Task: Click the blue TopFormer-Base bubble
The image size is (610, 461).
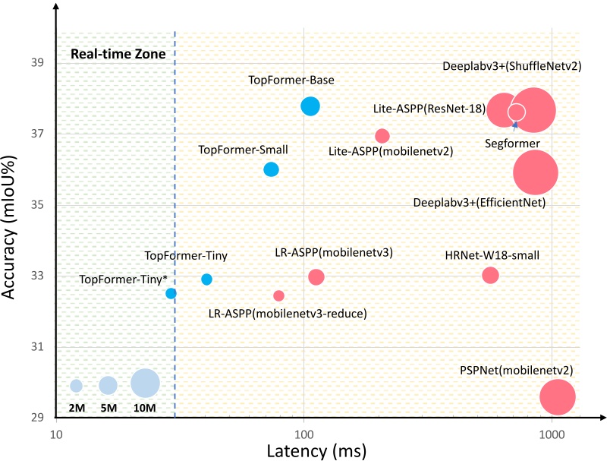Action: (x=310, y=106)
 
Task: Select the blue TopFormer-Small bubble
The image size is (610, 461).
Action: (x=271, y=169)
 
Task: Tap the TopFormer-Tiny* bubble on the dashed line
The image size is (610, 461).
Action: (x=171, y=293)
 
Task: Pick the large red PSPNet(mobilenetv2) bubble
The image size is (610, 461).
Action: (x=558, y=396)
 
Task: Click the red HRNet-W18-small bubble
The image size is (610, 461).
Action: (x=491, y=275)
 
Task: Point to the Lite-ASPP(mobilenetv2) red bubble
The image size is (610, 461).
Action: (x=382, y=136)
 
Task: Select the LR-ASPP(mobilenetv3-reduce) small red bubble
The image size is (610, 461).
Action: (x=278, y=295)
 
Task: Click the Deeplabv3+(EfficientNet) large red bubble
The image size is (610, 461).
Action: (x=536, y=172)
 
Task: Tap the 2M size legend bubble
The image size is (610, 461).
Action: (x=76, y=386)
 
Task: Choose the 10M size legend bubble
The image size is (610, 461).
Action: (x=146, y=384)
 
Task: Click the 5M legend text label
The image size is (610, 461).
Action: (x=108, y=408)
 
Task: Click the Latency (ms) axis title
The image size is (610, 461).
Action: (x=316, y=450)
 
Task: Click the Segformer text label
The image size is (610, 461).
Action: (x=512, y=143)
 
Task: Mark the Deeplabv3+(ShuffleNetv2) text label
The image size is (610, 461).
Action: (x=511, y=66)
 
